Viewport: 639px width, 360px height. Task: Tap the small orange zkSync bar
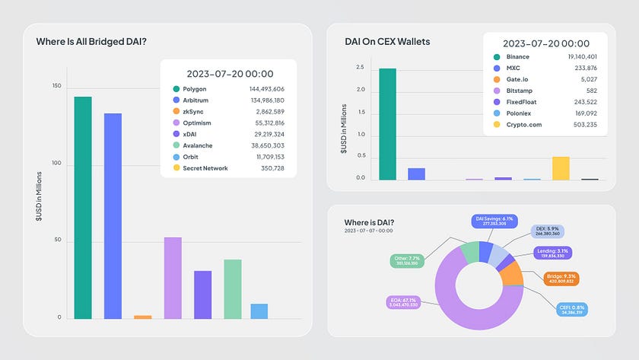[142, 316]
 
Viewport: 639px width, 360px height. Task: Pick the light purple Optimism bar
[173, 278]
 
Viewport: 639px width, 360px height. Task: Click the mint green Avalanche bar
[232, 288]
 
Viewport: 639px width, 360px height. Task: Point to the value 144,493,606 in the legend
[266, 89]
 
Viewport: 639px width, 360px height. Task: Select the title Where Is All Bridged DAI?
[91, 42]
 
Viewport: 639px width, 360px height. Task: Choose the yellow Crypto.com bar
[561, 168]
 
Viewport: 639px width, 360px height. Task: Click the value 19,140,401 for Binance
[580, 56]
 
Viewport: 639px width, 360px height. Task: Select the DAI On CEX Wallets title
[387, 41]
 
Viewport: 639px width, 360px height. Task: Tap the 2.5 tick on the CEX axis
[361, 67]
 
